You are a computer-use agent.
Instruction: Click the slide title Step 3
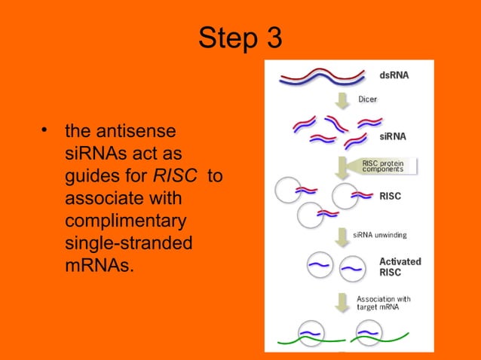click(240, 38)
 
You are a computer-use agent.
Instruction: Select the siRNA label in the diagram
click(393, 136)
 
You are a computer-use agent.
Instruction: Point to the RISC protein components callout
click(385, 166)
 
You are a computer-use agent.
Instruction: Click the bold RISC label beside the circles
click(391, 197)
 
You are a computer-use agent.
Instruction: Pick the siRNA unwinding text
click(381, 235)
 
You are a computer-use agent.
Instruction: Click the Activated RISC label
click(400, 267)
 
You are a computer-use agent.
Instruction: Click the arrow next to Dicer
click(343, 99)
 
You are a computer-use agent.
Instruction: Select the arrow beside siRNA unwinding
click(343, 234)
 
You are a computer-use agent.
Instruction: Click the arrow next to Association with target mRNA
click(343, 301)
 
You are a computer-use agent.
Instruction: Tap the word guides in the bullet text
click(91, 175)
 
